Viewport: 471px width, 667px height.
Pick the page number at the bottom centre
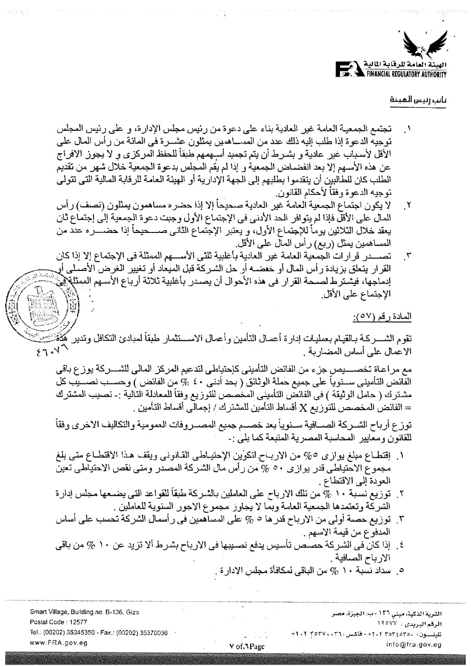click(246, 646)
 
